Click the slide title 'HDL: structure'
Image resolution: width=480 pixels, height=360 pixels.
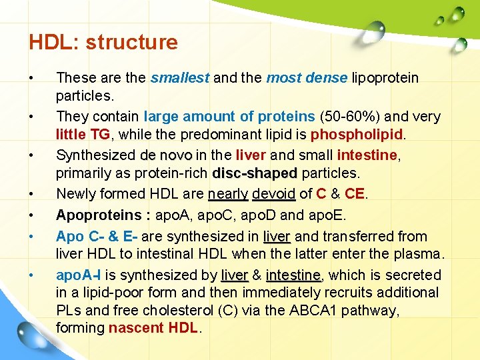click(x=103, y=43)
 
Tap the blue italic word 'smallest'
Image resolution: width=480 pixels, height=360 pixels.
click(x=180, y=78)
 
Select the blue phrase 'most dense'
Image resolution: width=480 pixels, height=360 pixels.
click(x=307, y=78)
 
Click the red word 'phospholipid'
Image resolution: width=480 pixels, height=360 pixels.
click(x=357, y=135)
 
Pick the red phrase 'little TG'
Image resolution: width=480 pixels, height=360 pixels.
click(x=83, y=135)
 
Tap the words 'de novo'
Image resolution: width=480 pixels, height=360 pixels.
click(x=166, y=155)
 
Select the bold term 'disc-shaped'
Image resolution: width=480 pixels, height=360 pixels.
click(x=255, y=174)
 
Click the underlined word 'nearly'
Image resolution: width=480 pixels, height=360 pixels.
click(x=228, y=194)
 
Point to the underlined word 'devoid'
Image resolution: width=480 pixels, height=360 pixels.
click(x=273, y=194)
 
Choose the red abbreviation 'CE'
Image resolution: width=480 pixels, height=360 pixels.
click(x=354, y=194)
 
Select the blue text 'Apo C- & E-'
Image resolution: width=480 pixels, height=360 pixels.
click(x=97, y=237)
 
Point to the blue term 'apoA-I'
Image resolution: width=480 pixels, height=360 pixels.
click(x=79, y=275)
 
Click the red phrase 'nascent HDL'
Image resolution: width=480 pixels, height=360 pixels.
click(x=153, y=328)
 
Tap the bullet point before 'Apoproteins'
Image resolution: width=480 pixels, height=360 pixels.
click(x=31, y=215)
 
